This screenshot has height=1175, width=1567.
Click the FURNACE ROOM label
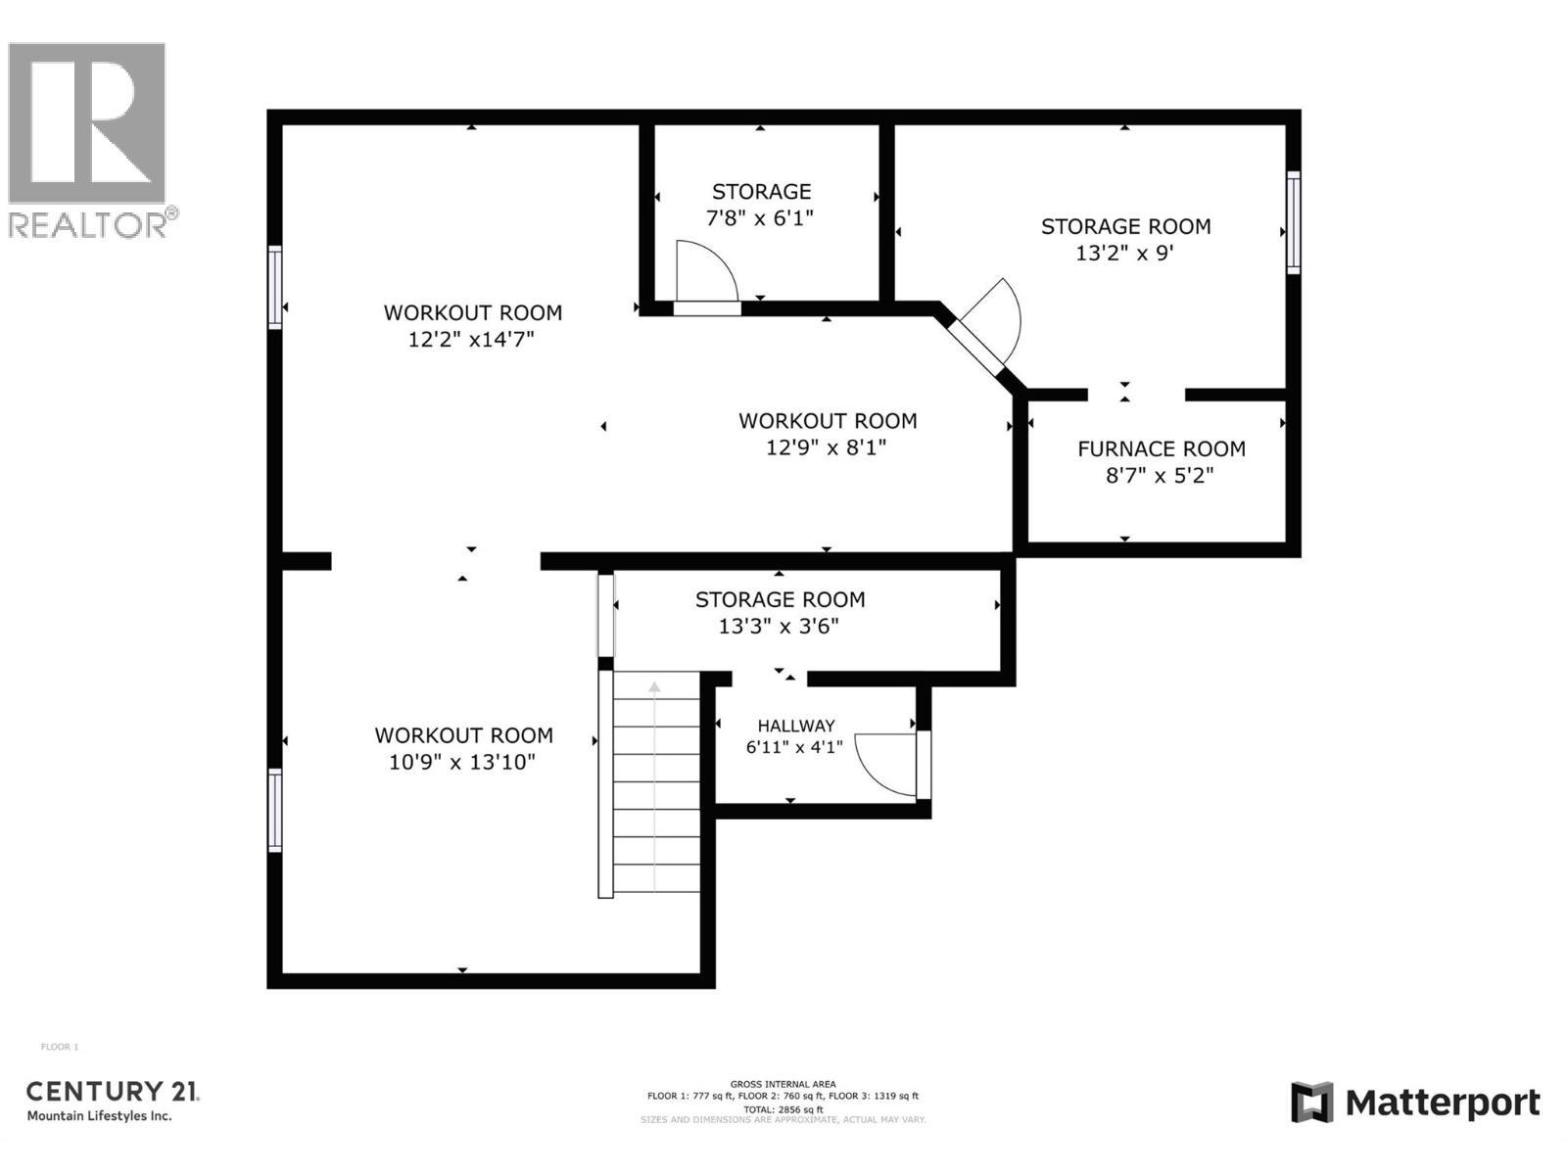tap(1162, 448)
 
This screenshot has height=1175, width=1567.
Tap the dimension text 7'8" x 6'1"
tap(760, 217)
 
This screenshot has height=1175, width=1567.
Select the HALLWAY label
tap(795, 726)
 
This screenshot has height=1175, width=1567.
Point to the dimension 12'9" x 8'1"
tap(827, 447)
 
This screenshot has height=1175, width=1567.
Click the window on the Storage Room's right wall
tap(1293, 222)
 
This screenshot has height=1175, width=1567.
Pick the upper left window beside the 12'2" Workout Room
tap(275, 287)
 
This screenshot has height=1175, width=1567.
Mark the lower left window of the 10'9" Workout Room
tap(275, 810)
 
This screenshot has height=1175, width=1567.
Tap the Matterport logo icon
tap(1311, 1103)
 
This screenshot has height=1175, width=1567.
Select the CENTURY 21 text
tap(112, 1091)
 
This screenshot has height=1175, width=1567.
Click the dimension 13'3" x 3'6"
tap(779, 626)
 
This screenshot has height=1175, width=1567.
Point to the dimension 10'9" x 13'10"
tap(462, 762)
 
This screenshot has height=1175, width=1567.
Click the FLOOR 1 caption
tap(59, 1047)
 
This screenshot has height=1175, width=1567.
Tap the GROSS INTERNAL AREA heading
tap(783, 1084)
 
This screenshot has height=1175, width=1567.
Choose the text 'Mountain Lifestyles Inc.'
tap(99, 1116)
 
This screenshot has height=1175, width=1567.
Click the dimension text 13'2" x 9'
tap(1124, 253)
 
